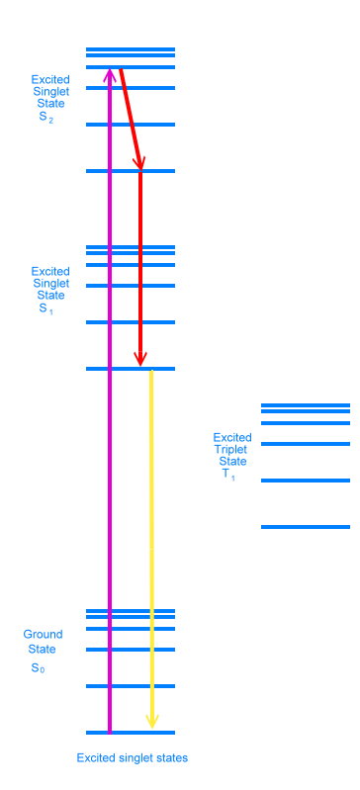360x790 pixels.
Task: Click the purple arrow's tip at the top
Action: pyautogui.click(x=110, y=72)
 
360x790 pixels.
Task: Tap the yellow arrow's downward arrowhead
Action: pyautogui.click(x=151, y=722)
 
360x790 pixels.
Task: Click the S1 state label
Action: pyautogui.click(x=45, y=308)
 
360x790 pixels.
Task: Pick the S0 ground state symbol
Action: pyautogui.click(x=38, y=669)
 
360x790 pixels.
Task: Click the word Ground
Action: pyautogui.click(x=44, y=635)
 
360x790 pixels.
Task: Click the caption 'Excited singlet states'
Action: pyautogui.click(x=133, y=758)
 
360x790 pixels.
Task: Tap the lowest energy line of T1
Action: pyautogui.click(x=306, y=527)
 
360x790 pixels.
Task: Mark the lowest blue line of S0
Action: pyautogui.click(x=131, y=733)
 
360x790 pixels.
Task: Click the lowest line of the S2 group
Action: pyautogui.click(x=131, y=171)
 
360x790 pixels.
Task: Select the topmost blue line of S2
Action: pyautogui.click(x=131, y=48)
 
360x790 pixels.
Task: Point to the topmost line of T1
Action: pyautogui.click(x=306, y=404)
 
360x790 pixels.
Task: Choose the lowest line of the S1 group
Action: pyautogui.click(x=131, y=369)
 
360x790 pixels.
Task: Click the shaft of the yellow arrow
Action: pyautogui.click(x=151, y=544)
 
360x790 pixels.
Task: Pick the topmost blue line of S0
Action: pyautogui.click(x=131, y=610)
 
